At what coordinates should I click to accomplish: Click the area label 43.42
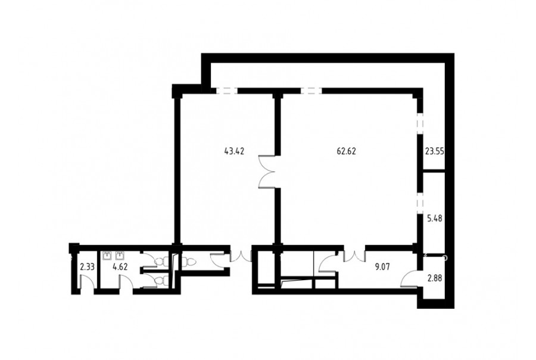coord(234,151)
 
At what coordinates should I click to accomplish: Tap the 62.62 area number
coord(346,151)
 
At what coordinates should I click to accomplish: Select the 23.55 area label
coord(435,151)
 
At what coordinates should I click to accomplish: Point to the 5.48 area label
coord(435,218)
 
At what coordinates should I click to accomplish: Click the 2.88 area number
coord(435,278)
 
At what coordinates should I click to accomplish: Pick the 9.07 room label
coord(382,267)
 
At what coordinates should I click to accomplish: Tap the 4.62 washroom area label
coord(120,267)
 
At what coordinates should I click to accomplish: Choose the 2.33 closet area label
coord(87,267)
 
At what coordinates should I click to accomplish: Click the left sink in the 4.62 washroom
coord(107,255)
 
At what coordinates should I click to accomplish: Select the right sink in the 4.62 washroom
coord(120,255)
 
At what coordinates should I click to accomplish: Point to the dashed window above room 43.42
coord(227,91)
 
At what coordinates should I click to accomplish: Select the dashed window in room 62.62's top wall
coord(311,91)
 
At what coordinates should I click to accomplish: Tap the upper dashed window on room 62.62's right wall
coord(420,123)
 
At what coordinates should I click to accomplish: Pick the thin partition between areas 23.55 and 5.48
coord(434,170)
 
